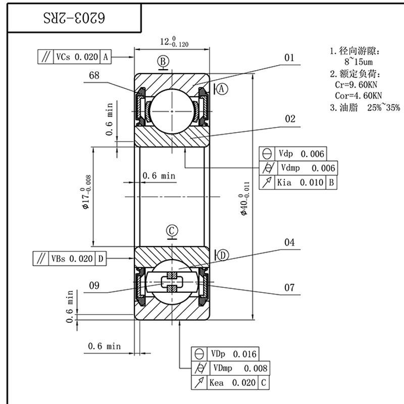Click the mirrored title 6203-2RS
tap(74, 18)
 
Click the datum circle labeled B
tap(163, 62)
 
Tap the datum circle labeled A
tap(222, 89)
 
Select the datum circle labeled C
tap(172, 231)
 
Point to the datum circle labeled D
tap(223, 256)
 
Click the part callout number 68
tap(94, 75)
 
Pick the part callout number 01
tap(289, 58)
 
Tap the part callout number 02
tap(290, 119)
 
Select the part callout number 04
tap(289, 242)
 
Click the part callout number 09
tap(94, 285)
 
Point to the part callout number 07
tap(289, 287)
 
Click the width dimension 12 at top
tap(174, 42)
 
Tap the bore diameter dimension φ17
tap(86, 192)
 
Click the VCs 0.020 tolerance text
tap(77, 57)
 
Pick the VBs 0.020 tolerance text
tap(72, 259)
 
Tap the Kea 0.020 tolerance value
tap(232, 383)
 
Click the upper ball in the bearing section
tap(172, 111)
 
